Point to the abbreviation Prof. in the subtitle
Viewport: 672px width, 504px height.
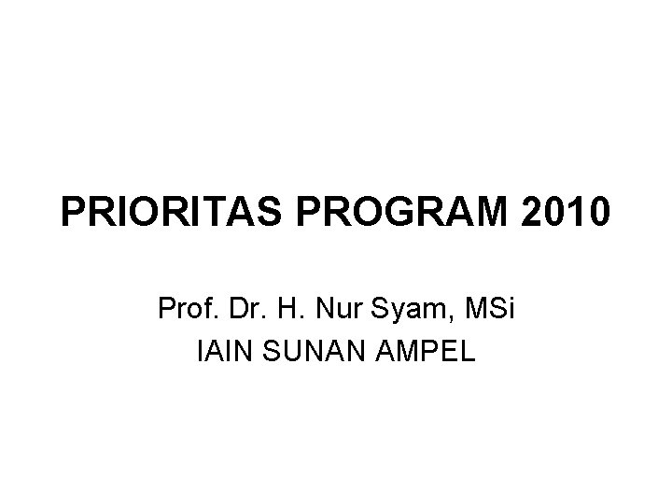point(188,308)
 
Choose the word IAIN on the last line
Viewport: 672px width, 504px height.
point(219,353)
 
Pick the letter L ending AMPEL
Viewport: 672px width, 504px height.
point(467,353)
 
